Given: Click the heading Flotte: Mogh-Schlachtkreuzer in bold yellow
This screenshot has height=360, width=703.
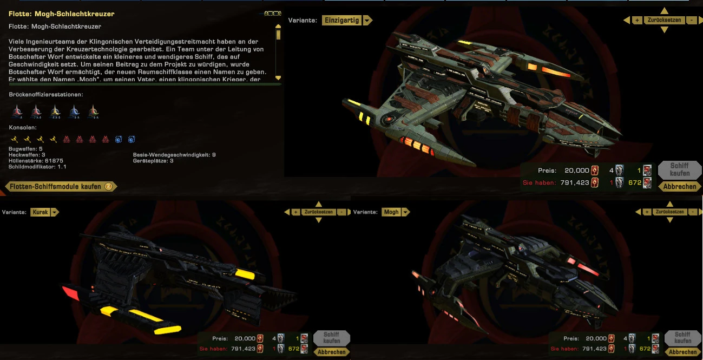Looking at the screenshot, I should pyautogui.click(x=62, y=14).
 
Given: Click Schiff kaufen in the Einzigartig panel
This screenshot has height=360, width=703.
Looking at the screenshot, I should pyautogui.click(x=679, y=169).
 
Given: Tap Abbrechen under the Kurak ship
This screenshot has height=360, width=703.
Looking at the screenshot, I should pyautogui.click(x=332, y=352).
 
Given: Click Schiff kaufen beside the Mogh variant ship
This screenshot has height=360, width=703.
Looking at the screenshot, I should pyautogui.click(x=682, y=338).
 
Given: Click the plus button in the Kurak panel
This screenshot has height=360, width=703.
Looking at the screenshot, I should pyautogui.click(x=295, y=212).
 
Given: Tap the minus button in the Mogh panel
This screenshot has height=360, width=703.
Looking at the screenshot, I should pyautogui.click(x=693, y=212).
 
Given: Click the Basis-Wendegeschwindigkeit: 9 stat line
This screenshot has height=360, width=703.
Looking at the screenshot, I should pyautogui.click(x=174, y=155).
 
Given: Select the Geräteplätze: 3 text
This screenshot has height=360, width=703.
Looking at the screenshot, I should pyautogui.click(x=153, y=161).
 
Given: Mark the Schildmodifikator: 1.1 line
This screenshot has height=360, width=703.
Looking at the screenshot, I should pyautogui.click(x=37, y=167).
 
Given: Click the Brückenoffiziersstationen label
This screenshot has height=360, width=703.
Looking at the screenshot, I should pyautogui.click(x=46, y=95).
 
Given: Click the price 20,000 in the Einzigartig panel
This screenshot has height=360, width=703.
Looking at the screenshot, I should pyautogui.click(x=576, y=171).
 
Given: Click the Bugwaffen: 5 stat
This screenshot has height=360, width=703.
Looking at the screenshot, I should pyautogui.click(x=26, y=149).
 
